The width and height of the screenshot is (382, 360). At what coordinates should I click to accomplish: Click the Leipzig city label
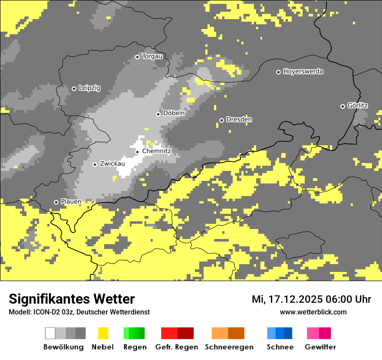[89, 88]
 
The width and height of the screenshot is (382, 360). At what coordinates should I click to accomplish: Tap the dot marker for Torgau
[137, 57]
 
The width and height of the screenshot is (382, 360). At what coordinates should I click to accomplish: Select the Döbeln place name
[174, 113]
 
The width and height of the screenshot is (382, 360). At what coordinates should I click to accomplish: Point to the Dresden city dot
[221, 120]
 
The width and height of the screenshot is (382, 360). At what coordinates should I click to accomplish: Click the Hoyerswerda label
[303, 72]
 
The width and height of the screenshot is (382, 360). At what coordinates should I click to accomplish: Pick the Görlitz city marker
[342, 106]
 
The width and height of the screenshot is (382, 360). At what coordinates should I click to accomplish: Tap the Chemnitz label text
[157, 151]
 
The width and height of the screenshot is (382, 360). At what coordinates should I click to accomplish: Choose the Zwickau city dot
[95, 164]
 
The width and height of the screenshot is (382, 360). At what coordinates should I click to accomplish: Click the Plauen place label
[71, 202]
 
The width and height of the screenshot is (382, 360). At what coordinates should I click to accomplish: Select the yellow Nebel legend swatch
[103, 333]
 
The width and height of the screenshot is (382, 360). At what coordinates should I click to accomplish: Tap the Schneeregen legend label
[229, 347]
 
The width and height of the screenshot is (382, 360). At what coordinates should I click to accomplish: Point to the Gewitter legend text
[320, 347]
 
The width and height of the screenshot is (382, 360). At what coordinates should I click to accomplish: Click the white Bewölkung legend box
[50, 333]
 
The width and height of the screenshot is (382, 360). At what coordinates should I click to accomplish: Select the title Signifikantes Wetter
[72, 299]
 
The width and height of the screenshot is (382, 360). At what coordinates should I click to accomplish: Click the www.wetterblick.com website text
[313, 312]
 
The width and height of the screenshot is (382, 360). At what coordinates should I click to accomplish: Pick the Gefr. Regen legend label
[177, 347]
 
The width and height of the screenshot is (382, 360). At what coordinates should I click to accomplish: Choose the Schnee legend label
[280, 347]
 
